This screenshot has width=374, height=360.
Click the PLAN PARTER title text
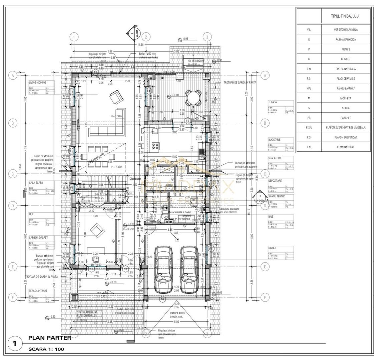[x=50, y=338]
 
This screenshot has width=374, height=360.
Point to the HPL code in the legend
[x=309, y=88]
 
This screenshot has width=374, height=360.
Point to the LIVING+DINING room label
[x=38, y=82]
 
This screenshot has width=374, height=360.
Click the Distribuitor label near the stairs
[x=136, y=178]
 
